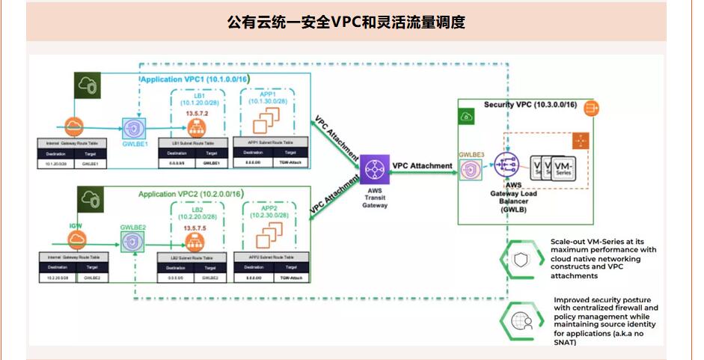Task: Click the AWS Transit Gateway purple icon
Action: point(371,170)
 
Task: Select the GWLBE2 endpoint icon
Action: point(133,242)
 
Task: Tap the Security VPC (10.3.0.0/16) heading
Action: point(530,104)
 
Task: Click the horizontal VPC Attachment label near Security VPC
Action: point(423,165)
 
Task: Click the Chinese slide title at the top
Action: point(346,22)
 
